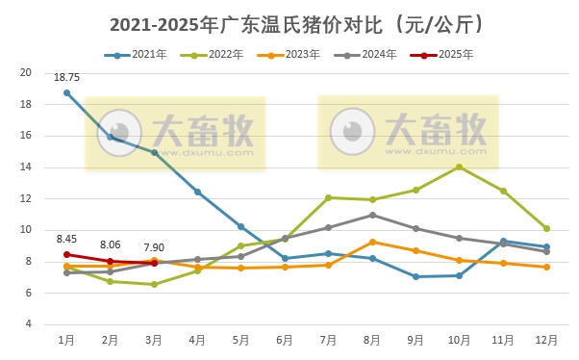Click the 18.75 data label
[x=66, y=77]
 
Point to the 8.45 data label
[x=66, y=239]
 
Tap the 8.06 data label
[x=110, y=245]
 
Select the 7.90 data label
[x=154, y=247]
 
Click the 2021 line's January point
[x=66, y=92]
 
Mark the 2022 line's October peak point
[x=459, y=167]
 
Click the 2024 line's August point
[x=372, y=215]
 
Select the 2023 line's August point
[x=372, y=242]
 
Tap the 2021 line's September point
[x=415, y=276]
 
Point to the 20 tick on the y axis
[x=26, y=73]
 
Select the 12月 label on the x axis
[x=546, y=341]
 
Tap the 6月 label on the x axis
[x=285, y=341]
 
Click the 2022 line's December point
[x=546, y=228]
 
